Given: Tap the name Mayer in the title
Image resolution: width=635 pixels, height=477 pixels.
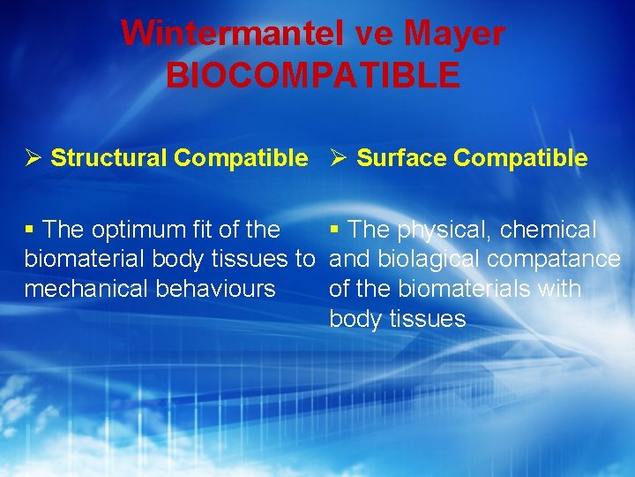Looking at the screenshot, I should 454,34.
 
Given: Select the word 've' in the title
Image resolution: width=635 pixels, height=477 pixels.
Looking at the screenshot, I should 376,34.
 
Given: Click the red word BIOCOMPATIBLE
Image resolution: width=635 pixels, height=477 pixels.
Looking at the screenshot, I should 313,75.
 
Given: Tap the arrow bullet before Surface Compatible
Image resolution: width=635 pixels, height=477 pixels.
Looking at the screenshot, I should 339,158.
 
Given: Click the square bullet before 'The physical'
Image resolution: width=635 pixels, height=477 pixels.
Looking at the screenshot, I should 335,230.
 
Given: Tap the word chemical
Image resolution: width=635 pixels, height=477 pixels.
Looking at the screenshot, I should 548,230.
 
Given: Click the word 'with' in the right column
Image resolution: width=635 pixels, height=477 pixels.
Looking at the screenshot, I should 561,289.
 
